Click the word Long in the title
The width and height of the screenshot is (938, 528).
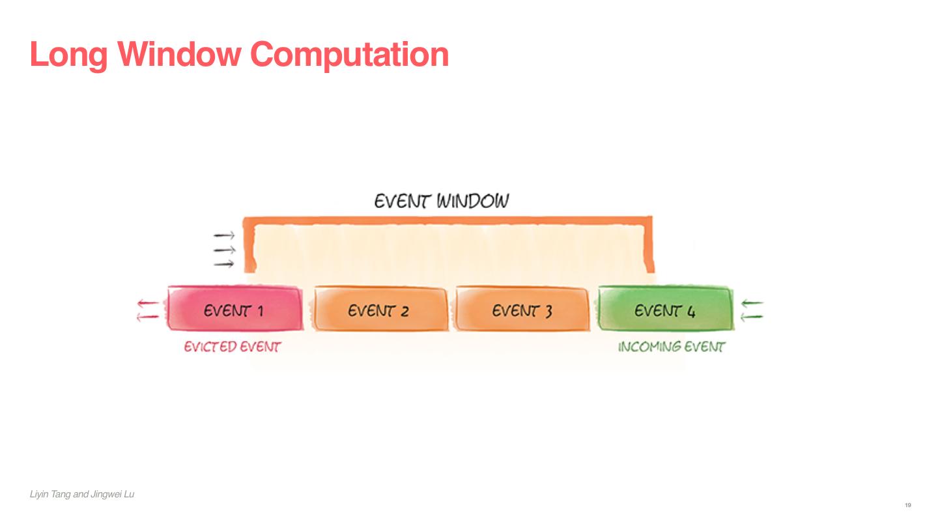tap(68, 55)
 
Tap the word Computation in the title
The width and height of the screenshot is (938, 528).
tap(349, 55)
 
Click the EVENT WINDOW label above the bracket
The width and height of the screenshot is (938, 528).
tap(441, 201)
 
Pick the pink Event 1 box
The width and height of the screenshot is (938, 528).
tap(234, 308)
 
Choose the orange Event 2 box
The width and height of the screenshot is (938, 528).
tap(381, 309)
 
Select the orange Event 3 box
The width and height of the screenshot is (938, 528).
tap(522, 309)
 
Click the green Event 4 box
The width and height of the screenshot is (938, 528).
tap(665, 309)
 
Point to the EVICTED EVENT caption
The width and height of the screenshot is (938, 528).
tap(232, 347)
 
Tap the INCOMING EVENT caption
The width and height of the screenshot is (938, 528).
tap(671, 347)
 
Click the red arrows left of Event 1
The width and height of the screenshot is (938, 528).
tap(148, 310)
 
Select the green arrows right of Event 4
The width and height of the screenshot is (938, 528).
tap(752, 310)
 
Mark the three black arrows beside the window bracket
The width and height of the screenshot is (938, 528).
tap(223, 250)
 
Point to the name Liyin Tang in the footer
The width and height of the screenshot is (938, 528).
tap(50, 495)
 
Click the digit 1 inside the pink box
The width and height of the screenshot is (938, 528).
tap(259, 310)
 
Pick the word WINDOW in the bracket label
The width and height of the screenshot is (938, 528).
tap(472, 201)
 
